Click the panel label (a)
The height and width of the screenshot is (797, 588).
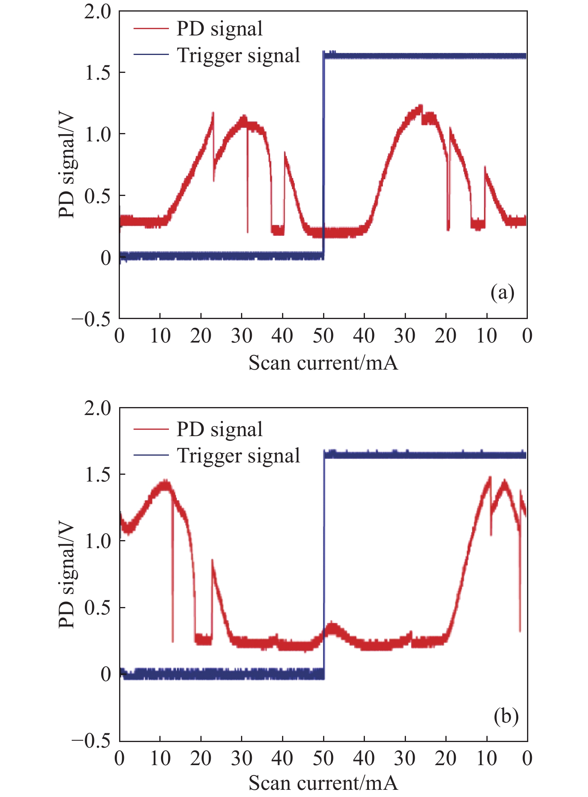coord(502,293)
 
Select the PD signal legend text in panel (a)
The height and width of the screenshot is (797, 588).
coord(220,29)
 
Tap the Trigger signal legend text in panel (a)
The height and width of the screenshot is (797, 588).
coord(238,55)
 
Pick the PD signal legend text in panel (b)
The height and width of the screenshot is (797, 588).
coord(220,429)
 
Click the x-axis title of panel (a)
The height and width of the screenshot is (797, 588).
coord(323,363)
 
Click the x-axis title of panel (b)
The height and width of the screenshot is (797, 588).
coord(323,783)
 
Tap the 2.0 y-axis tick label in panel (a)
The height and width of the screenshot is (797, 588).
coord(98,12)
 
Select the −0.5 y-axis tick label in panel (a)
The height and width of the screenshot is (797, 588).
coord(91,319)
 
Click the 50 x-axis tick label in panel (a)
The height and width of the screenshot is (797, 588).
coord(323,336)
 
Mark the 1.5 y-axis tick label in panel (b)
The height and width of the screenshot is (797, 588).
coord(98,474)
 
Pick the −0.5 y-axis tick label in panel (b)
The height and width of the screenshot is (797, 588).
coord(91,741)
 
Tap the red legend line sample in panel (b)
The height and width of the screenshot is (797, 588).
coord(151,429)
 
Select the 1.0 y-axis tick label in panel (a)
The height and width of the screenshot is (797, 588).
coord(98,135)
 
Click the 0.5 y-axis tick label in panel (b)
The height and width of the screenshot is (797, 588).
coord(98,608)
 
